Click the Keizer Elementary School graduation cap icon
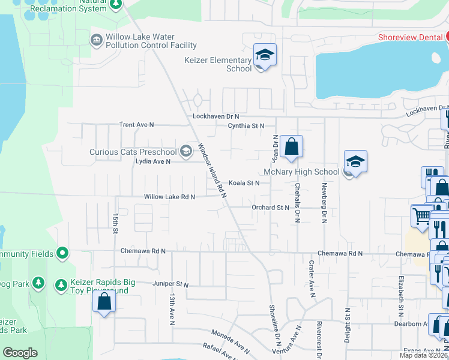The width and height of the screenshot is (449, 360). (x=264, y=55)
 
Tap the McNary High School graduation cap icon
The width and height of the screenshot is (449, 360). (x=355, y=162)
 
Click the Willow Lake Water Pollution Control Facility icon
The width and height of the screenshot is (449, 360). (x=96, y=40)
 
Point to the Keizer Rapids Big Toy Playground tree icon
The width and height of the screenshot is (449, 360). (x=61, y=283)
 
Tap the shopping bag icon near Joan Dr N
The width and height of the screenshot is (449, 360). (x=291, y=146)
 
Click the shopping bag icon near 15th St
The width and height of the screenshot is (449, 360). (x=104, y=302)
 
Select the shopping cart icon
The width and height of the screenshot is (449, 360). (x=422, y=215)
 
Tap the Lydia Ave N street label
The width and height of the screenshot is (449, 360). (x=152, y=161)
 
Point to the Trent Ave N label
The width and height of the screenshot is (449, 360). (x=136, y=125)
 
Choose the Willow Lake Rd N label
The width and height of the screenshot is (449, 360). (x=169, y=197)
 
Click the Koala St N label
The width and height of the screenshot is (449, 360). (x=244, y=182)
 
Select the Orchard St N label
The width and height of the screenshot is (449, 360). (x=270, y=208)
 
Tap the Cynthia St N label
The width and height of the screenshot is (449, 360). (x=246, y=126)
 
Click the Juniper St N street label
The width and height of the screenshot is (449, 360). (x=170, y=284)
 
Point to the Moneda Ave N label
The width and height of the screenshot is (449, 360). (x=230, y=340)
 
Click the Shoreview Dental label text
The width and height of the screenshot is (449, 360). (x=410, y=37)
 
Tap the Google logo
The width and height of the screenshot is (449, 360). (x=20, y=353)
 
